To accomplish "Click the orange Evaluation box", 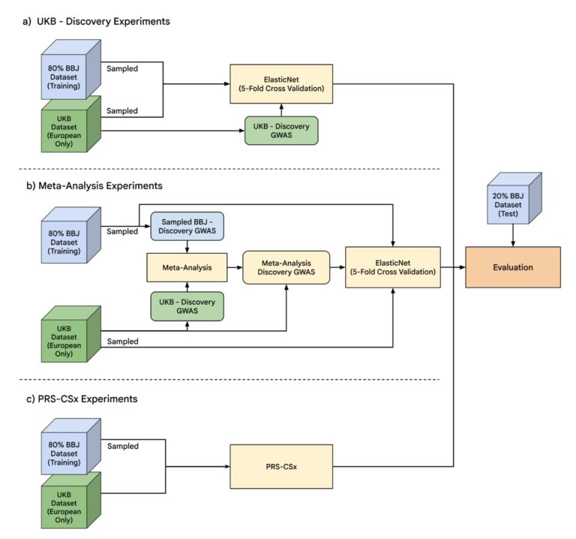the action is click(513, 267).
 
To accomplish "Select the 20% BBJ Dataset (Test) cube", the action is click(514, 198).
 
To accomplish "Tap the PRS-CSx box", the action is click(281, 467).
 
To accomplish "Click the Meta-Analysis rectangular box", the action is click(187, 268).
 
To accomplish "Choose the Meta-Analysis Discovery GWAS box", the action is click(286, 268).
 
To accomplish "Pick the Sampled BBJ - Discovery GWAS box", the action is click(187, 226).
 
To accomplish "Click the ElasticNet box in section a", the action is click(281, 84).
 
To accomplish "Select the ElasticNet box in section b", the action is click(393, 267).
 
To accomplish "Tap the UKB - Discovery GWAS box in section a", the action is click(281, 131).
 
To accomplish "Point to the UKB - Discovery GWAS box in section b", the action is click(187, 306).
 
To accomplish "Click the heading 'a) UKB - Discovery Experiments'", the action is click(96, 21).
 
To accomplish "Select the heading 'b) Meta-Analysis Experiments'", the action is click(94, 185).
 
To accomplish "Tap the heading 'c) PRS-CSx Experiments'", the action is click(82, 399).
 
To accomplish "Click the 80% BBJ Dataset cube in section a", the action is click(71, 70).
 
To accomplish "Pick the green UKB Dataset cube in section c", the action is click(71, 501).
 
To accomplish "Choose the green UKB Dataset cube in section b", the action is click(71, 335).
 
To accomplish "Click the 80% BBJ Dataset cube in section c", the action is click(71, 447).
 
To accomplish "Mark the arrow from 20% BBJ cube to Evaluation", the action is click(513, 235).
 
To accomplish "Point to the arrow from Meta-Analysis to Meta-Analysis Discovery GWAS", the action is click(235, 268).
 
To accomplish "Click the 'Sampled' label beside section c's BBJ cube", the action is click(123, 446).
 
